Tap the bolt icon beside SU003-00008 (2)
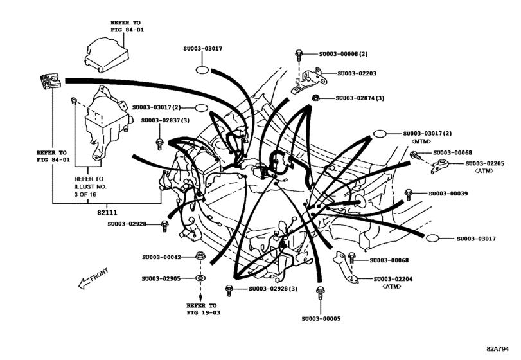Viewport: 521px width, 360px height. coord(299,55)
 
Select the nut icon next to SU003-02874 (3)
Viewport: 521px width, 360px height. coord(316,98)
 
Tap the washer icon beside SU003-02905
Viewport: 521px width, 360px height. coord(200,279)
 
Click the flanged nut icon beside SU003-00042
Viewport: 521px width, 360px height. coord(200,256)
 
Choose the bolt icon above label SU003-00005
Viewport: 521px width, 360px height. coord(319,294)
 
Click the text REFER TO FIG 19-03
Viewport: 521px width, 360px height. coord(201,309)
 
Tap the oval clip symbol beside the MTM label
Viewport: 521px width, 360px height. coord(380,134)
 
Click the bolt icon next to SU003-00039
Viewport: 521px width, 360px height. coord(409,194)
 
